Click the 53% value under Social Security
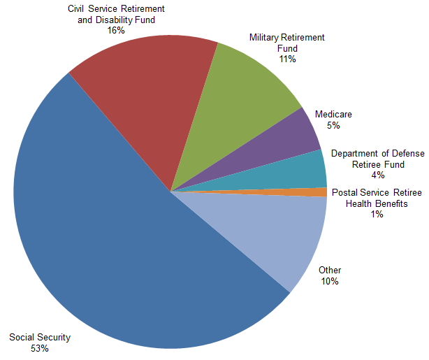point(40,349)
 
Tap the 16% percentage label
point(116,30)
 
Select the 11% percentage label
point(287,59)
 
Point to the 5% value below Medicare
point(333,125)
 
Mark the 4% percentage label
point(378,175)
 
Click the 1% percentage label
point(377,214)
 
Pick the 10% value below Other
point(330,281)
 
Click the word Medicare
point(333,114)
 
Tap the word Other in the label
point(330,271)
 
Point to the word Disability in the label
point(114,20)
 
